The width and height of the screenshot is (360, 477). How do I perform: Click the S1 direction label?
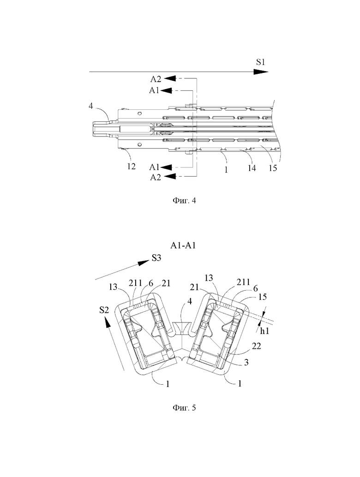coord(260,62)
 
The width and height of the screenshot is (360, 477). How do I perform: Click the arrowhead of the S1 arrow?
coord(261,72)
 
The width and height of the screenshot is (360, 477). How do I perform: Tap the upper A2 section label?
coord(156,79)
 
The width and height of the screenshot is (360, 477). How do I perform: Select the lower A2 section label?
coord(156,177)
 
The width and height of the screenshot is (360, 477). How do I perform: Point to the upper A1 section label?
coord(154,90)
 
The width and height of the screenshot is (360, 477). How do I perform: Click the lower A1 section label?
coord(154,167)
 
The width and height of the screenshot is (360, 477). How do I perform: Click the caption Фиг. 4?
coord(185,201)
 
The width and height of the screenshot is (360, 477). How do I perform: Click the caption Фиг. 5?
coord(185,407)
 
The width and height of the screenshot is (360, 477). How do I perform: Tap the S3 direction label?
coord(156,258)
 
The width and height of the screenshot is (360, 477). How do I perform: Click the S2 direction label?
coord(104,310)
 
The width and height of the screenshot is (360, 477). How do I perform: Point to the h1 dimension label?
coord(265,331)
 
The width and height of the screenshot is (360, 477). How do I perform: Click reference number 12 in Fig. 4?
coord(132,167)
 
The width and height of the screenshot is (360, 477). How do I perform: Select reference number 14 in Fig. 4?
coord(252,168)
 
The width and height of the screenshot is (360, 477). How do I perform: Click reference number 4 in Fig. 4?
coord(90,107)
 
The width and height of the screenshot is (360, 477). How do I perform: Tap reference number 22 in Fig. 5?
coord(257,346)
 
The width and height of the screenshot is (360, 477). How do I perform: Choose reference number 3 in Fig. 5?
coord(246,362)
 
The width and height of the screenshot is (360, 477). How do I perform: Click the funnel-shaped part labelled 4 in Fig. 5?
coord(181,328)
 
